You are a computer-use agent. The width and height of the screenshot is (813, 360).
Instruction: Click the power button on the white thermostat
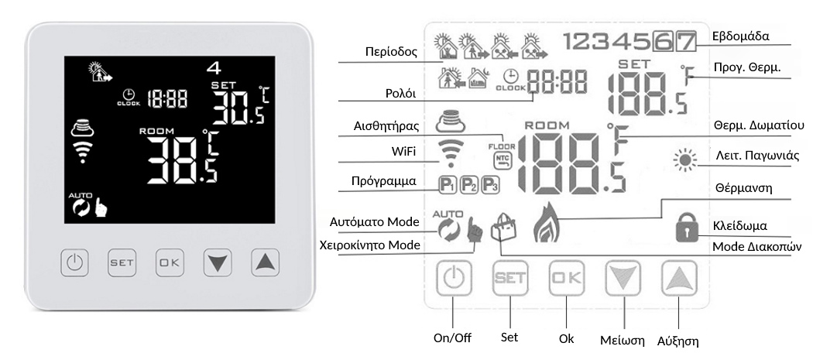coord(74,262)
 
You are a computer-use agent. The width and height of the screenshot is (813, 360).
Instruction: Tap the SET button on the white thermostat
coord(122,262)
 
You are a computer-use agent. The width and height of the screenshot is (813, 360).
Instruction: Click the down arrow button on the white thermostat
coord(218,262)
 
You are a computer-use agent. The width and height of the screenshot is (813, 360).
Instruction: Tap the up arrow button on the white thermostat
coord(265,262)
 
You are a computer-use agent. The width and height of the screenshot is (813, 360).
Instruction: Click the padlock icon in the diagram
coord(688,229)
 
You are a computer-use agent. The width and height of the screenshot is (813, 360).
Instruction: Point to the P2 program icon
coord(468,185)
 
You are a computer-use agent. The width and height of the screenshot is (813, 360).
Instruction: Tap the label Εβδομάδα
coord(741,37)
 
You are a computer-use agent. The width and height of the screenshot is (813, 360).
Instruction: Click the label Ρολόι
coord(401,94)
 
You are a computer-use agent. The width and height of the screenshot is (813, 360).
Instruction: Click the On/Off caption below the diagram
coord(452,338)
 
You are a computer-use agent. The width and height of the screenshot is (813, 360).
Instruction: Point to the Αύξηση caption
coord(677,341)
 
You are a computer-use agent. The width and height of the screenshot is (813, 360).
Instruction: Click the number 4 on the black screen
coord(214,68)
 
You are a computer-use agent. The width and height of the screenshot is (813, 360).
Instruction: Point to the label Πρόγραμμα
coord(384,181)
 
